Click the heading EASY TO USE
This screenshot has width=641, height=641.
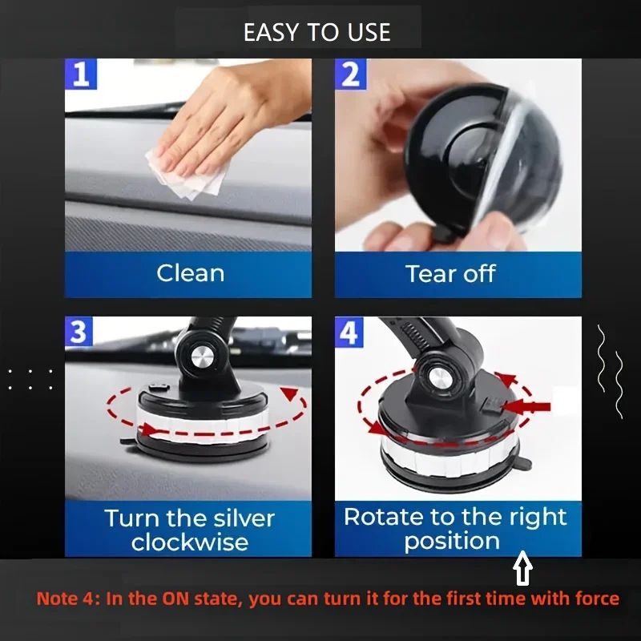317,32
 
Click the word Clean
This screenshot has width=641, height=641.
190,273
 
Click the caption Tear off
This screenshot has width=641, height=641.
450,273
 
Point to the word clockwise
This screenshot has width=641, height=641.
189,542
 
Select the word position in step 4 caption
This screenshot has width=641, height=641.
452,541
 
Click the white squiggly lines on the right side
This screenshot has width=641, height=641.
610,369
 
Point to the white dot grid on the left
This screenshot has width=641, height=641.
30,379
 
